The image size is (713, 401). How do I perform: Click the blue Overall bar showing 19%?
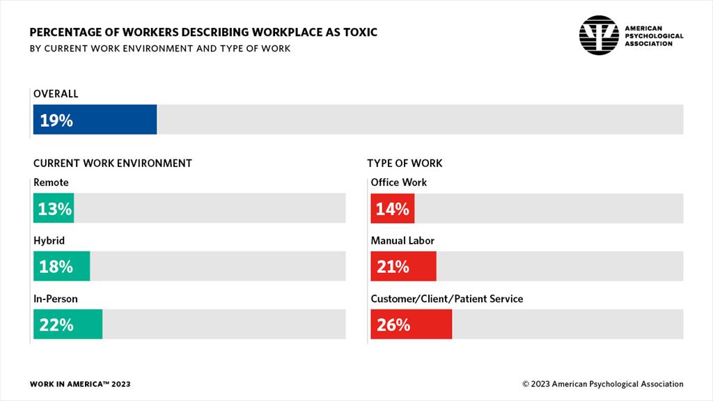pyautogui.click(x=95, y=120)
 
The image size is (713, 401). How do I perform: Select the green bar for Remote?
pyautogui.click(x=54, y=208)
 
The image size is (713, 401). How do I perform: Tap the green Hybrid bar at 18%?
pyautogui.click(x=61, y=267)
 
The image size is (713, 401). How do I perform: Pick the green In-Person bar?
pyautogui.click(x=68, y=324)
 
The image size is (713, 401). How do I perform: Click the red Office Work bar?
pyautogui.click(x=392, y=208)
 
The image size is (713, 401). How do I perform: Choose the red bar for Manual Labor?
pyautogui.click(x=403, y=267)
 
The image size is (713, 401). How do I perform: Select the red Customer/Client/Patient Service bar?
pyautogui.click(x=411, y=324)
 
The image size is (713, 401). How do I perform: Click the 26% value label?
pyautogui.click(x=393, y=324)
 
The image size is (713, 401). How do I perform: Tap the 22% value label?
pyautogui.click(x=56, y=324)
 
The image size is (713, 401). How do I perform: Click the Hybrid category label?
pyautogui.click(x=49, y=240)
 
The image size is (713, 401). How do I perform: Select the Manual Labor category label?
pyautogui.click(x=402, y=240)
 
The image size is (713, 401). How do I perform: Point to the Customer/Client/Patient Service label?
pyautogui.click(x=446, y=299)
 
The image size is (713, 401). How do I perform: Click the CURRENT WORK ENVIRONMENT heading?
pyautogui.click(x=113, y=163)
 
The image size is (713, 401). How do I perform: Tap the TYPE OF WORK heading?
pyautogui.click(x=405, y=163)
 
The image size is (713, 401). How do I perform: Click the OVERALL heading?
pyautogui.click(x=56, y=93)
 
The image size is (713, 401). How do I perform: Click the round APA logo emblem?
pyautogui.click(x=599, y=36)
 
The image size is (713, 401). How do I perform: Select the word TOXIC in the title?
pyautogui.click(x=358, y=33)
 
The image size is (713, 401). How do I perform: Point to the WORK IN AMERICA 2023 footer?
pyautogui.click(x=80, y=384)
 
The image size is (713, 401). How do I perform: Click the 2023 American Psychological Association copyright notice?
pyautogui.click(x=603, y=384)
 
